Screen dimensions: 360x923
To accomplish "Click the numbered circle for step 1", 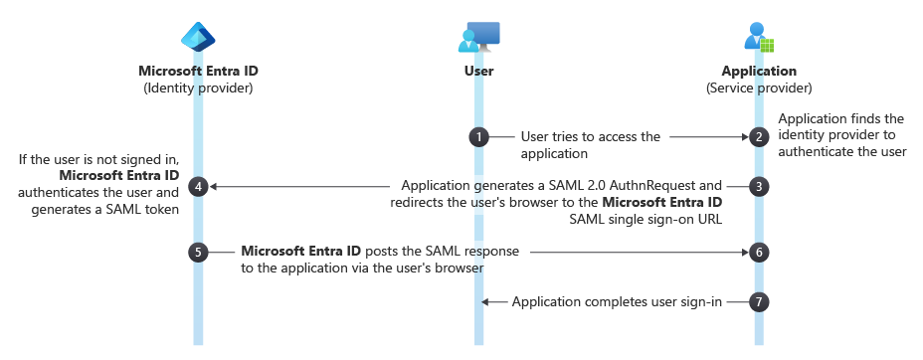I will click(478, 137).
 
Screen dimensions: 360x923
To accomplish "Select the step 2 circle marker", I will click(759, 137).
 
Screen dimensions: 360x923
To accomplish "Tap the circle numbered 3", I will click(759, 186).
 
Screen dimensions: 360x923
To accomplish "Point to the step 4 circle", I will click(198, 186).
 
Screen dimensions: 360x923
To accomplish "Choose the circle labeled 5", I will click(198, 253).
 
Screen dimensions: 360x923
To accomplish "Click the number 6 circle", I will click(759, 253).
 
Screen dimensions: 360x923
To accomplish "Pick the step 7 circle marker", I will click(759, 300).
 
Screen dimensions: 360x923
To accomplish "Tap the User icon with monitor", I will click(478, 38).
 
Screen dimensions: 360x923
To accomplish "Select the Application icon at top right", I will click(759, 38).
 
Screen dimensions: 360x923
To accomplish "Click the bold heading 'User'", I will click(478, 72).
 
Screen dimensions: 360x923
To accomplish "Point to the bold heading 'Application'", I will click(759, 72).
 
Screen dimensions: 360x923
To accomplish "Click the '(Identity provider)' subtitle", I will click(198, 88).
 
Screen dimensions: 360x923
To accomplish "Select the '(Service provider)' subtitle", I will click(759, 88).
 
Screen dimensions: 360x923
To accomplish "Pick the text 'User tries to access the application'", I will click(589, 145).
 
